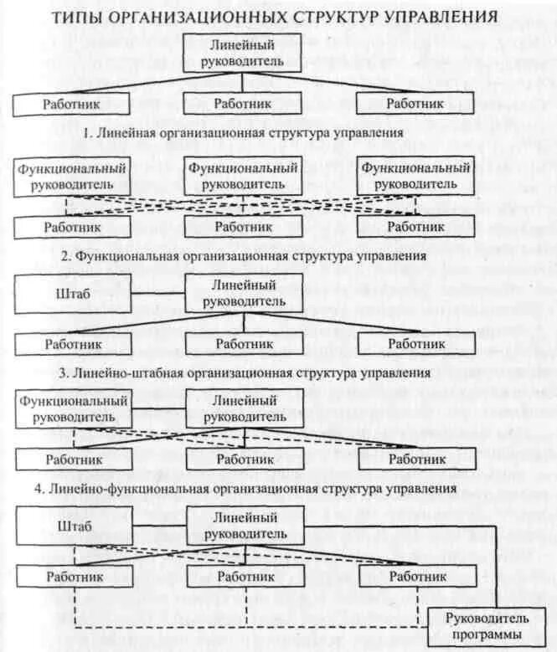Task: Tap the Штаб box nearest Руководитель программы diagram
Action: tap(74, 526)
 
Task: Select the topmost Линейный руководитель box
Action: tap(242, 53)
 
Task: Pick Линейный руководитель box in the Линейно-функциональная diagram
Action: tap(244, 408)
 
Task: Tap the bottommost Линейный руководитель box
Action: tap(244, 526)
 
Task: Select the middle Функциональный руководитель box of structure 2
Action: tap(244, 176)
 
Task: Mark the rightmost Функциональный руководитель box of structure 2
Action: tap(415, 176)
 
